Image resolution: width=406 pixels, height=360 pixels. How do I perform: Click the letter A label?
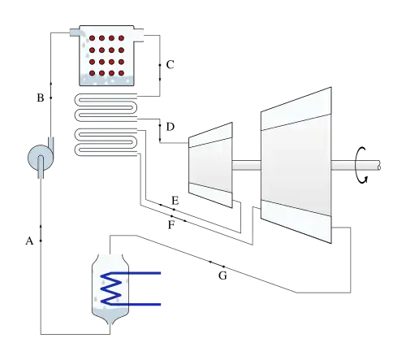[x=29, y=241]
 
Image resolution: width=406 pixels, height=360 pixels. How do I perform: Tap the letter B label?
[x=41, y=98]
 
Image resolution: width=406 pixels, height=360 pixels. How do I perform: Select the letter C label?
[x=170, y=65]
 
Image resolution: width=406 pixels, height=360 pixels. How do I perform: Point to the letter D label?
[x=171, y=127]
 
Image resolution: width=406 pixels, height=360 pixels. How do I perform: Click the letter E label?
[x=175, y=201]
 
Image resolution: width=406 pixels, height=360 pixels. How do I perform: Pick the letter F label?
[x=171, y=225]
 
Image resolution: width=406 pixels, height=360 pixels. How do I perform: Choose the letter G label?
[x=222, y=275]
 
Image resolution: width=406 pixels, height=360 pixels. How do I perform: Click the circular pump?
[x=41, y=158]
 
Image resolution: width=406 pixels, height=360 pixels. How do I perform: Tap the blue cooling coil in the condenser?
[x=116, y=288]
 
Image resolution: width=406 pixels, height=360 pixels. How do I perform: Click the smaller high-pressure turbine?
[x=210, y=165]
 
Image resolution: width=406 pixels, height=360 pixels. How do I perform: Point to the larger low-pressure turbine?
[x=296, y=165]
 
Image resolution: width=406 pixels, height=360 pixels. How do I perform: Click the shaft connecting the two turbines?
[x=247, y=165]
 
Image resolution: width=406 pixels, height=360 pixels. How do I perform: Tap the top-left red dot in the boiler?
[x=92, y=38]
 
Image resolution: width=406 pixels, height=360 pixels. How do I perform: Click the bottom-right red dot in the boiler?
[x=121, y=73]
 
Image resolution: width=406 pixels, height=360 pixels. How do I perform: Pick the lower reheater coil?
[x=106, y=142]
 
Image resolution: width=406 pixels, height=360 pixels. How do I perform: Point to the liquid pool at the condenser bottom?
[x=110, y=314]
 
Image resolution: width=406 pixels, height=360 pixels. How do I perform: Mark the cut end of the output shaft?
[x=379, y=165]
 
